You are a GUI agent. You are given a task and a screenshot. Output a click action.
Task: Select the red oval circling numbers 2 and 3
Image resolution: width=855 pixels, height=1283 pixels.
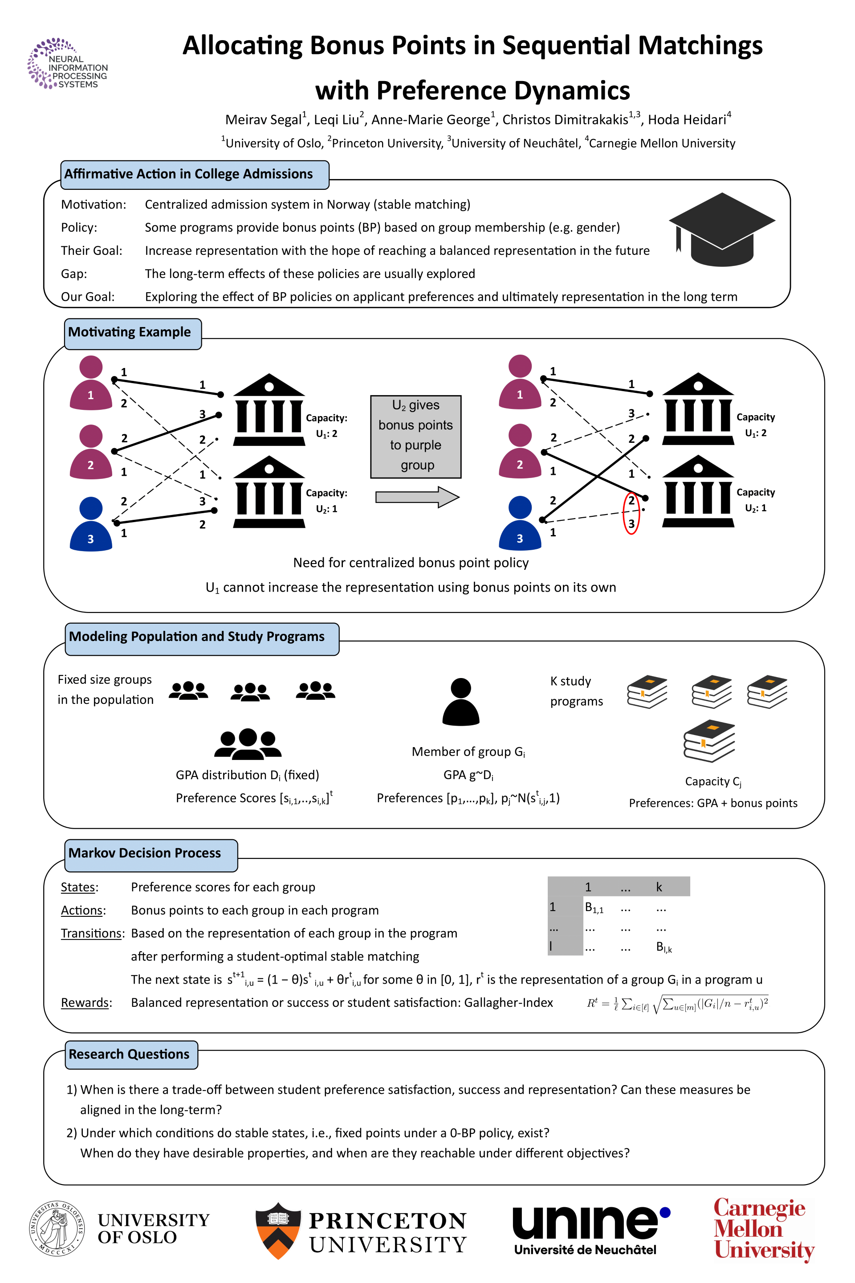tap(631, 513)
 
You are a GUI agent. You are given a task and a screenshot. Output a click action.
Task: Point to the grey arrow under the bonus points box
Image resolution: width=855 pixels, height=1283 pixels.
tap(417, 497)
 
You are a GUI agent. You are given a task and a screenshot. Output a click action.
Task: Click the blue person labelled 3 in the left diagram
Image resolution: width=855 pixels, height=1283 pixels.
tap(90, 524)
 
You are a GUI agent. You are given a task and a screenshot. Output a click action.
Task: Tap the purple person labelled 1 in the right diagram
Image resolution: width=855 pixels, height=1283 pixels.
tap(520, 382)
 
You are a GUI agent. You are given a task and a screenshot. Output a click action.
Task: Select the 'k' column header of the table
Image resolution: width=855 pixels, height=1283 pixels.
tap(659, 887)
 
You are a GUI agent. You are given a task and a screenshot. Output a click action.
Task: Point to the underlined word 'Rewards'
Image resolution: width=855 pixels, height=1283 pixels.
tap(85, 1003)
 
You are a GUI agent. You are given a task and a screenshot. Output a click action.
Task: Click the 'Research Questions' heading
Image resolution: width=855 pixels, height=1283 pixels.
tap(130, 1054)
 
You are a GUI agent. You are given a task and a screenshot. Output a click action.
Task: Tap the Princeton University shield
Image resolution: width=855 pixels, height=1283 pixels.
tap(278, 1230)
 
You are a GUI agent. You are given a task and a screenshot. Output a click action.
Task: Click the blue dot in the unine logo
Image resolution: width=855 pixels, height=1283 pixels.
tap(665, 1213)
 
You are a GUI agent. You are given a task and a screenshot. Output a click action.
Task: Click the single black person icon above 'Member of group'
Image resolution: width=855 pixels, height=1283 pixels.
tap(461, 702)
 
